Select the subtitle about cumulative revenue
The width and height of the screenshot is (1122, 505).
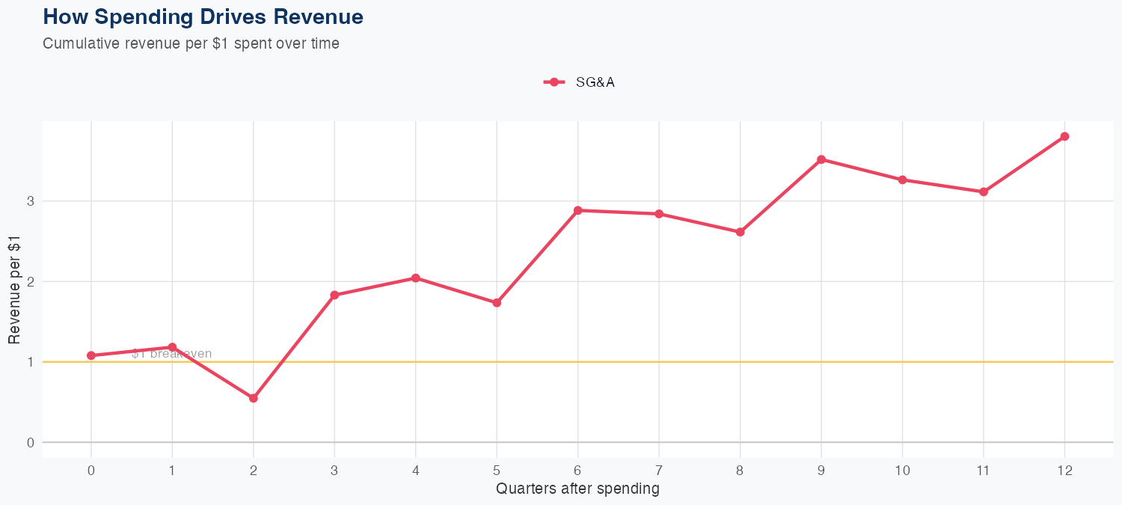pos(191,43)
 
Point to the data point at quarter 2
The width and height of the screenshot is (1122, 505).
pos(254,398)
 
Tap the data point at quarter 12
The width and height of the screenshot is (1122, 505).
pos(1064,136)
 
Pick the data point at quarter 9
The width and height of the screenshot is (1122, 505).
pos(821,159)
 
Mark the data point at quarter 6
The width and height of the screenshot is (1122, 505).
pos(577,210)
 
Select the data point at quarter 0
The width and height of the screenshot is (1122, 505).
pos(91,355)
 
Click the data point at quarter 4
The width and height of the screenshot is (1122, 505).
pos(416,278)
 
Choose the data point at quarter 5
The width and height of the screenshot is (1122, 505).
pos(497,303)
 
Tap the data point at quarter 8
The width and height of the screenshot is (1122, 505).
pos(740,232)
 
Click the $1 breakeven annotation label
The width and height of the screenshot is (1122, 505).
pos(171,354)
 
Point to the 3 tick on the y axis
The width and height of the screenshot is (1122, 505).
pos(31,201)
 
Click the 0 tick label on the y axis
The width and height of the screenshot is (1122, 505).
pos(31,443)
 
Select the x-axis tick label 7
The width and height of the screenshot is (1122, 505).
pos(659,471)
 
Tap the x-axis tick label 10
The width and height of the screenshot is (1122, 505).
pos(902,471)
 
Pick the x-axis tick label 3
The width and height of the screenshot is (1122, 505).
pos(334,471)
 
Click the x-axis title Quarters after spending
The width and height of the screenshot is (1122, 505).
pos(577,489)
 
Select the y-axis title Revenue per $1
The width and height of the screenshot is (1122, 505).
pos(14,289)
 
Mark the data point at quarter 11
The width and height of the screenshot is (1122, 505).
pos(984,192)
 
